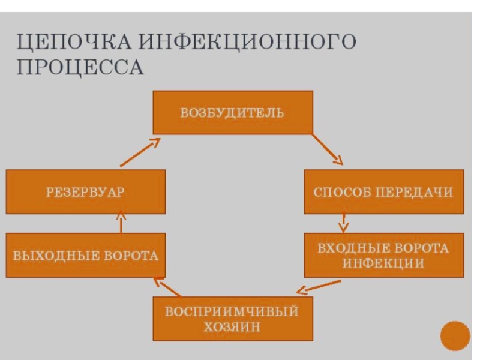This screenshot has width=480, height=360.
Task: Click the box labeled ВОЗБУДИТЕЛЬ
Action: (232, 112)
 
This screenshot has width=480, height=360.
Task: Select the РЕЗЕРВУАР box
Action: (86, 191)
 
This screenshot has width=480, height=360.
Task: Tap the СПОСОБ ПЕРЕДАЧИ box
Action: (383, 191)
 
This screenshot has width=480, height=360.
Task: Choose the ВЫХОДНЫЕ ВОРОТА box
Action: (86, 256)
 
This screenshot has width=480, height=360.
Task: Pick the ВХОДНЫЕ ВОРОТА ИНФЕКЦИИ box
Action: (383, 256)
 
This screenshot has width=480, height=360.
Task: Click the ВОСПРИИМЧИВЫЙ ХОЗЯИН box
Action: (232, 319)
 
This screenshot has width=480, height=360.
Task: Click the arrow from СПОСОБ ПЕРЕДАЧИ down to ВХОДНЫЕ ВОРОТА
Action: (343, 222)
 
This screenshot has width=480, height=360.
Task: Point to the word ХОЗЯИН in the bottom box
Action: (232, 327)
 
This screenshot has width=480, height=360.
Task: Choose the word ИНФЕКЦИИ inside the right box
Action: (383, 264)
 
